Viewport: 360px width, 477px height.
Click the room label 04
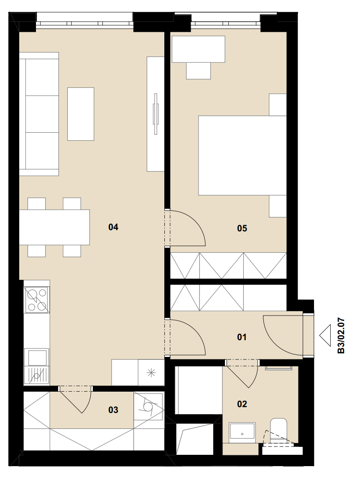pyautogui.click(x=113, y=227)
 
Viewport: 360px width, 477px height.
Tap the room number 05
pyautogui.click(x=242, y=228)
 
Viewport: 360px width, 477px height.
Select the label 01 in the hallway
pyautogui.click(x=241, y=337)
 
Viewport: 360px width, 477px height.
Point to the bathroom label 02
pyautogui.click(x=242, y=404)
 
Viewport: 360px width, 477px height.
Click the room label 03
pyautogui.click(x=113, y=410)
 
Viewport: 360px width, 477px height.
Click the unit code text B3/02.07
pyautogui.click(x=341, y=336)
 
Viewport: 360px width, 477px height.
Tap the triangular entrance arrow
pyautogui.click(x=325, y=336)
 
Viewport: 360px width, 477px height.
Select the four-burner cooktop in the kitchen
pyautogui.click(x=37, y=300)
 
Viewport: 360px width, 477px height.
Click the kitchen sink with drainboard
pyautogui.click(x=36, y=367)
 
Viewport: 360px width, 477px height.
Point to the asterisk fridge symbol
pyautogui.click(x=151, y=373)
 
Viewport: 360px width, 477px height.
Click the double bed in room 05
pyautogui.click(x=243, y=155)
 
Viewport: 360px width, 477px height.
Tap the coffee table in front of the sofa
pyautogui.click(x=81, y=114)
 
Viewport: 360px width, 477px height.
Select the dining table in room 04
pyautogui.click(x=54, y=227)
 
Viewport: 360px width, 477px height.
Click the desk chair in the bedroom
pyautogui.click(x=198, y=71)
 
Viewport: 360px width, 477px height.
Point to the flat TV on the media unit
pyautogui.click(x=156, y=114)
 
